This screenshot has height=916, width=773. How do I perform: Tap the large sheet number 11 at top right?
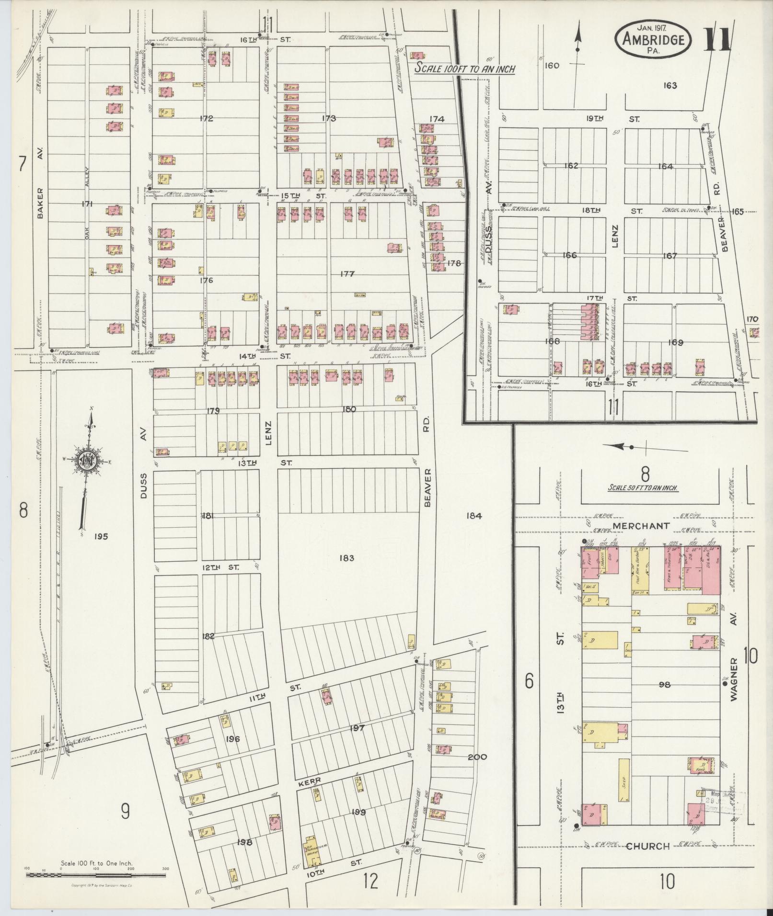click(718, 40)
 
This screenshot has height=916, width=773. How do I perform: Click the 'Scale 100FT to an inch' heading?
click(464, 68)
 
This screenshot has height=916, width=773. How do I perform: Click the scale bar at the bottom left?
click(96, 874)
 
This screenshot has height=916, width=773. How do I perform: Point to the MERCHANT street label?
click(641, 526)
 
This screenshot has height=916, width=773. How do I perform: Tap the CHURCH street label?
click(647, 846)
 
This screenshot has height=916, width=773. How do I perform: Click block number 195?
click(101, 536)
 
